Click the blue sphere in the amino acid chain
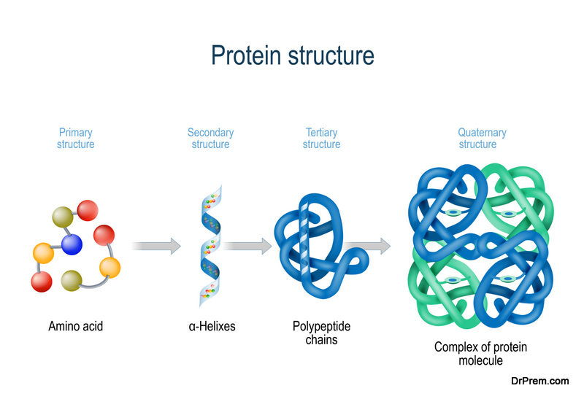coord(72,244)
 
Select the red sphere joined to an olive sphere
coord(88,210)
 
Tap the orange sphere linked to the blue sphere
coord(44,253)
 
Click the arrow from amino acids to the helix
coord(156,246)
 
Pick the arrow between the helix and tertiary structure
coord(247,246)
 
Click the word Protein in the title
coord(246,56)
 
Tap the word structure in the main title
coord(331,56)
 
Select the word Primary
coord(76,133)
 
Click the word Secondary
coord(210,133)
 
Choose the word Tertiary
coord(321,133)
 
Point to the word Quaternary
coord(482,133)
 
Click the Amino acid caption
coord(76,326)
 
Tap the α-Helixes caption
coord(212,326)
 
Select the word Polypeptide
coord(321,326)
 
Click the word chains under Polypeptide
coord(321,340)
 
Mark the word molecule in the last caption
coord(480,360)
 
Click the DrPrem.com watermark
coord(539,381)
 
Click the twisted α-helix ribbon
coord(211,246)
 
